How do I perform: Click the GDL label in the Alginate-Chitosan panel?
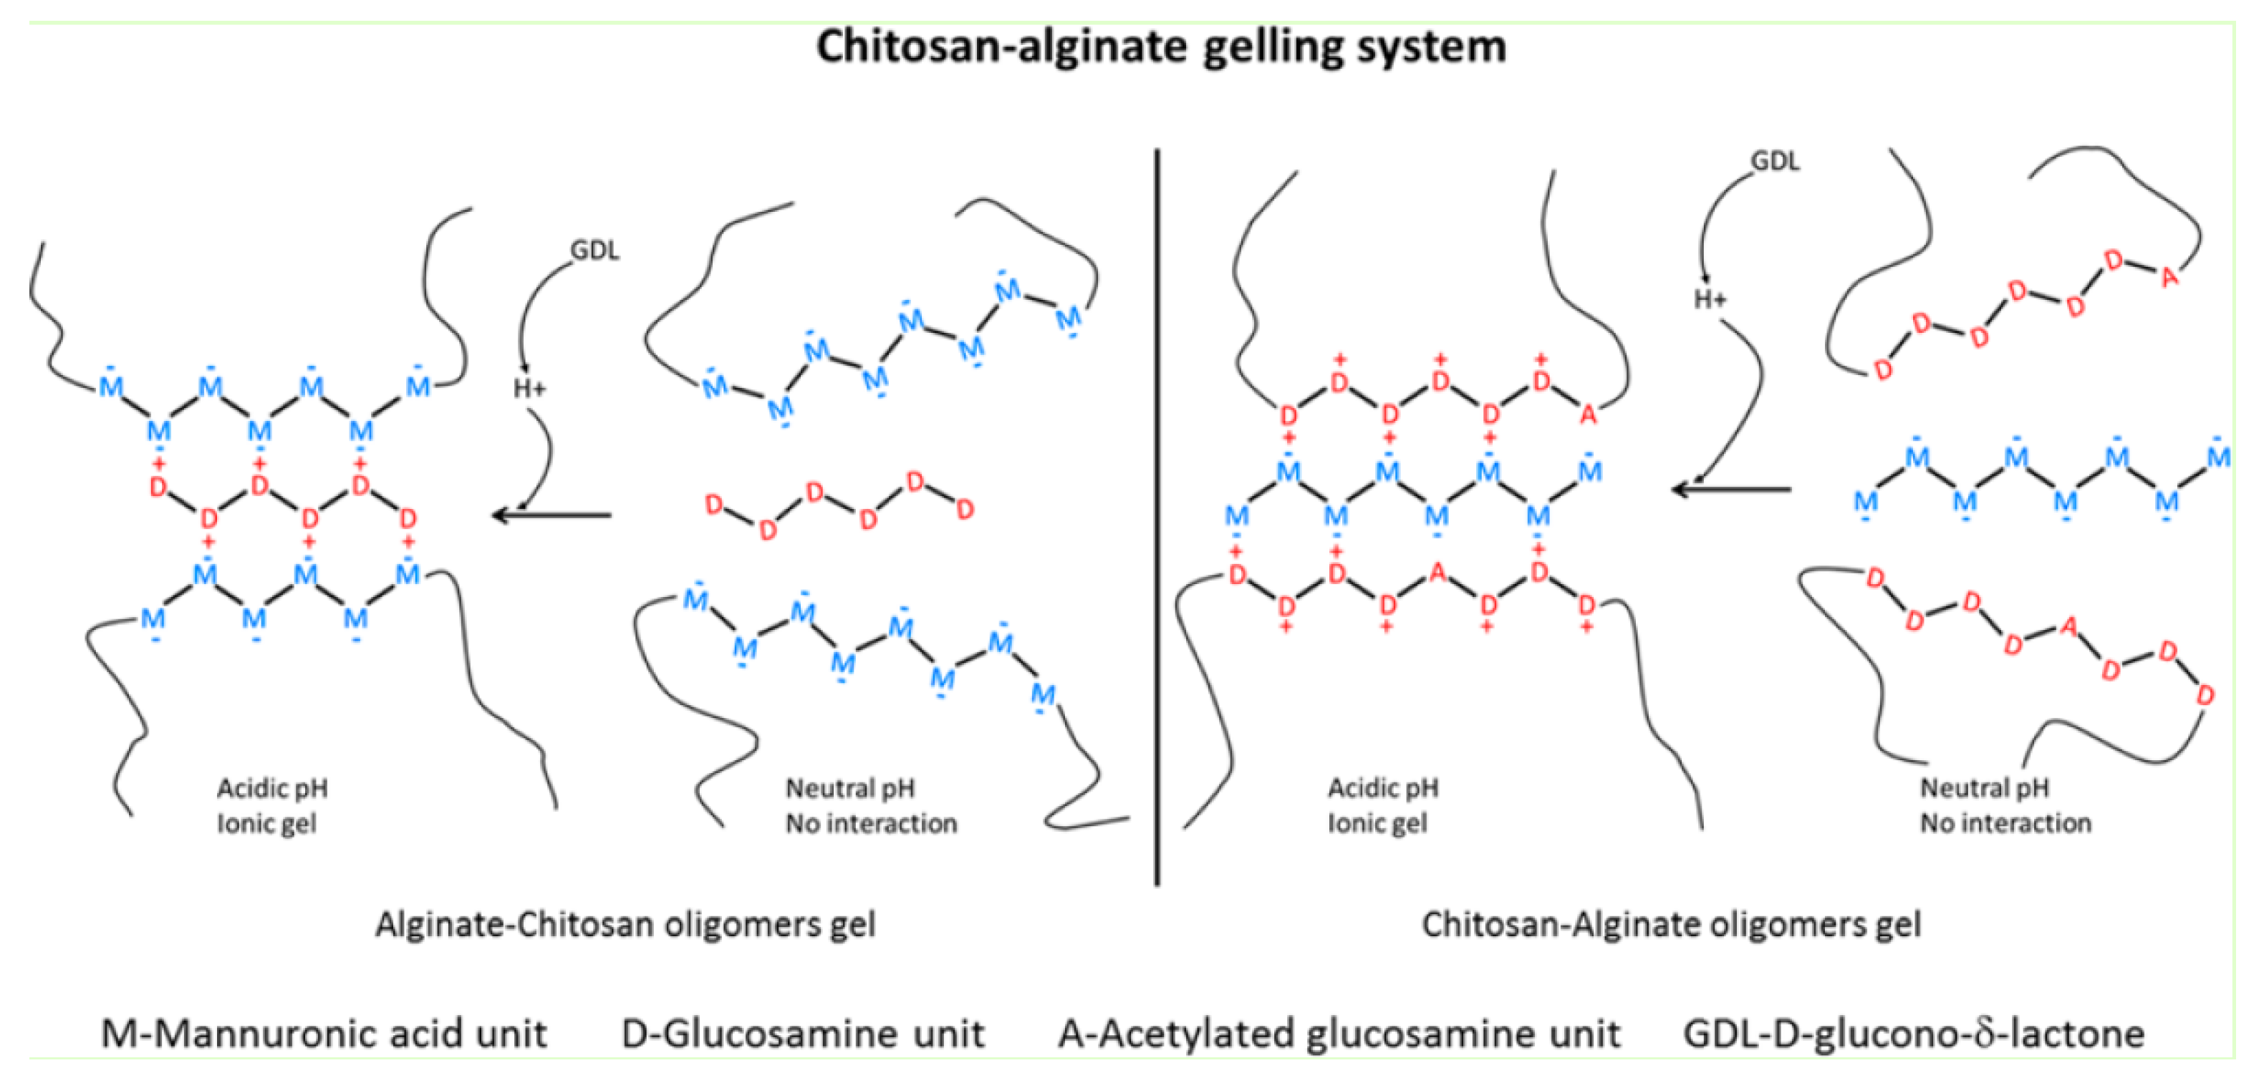(x=595, y=251)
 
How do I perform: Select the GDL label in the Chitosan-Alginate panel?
(x=1776, y=162)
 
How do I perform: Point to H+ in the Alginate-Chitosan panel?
(x=530, y=389)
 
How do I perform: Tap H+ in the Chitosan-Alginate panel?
(x=1710, y=300)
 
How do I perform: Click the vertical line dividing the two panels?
(x=1157, y=518)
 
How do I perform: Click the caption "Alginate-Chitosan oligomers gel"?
(x=626, y=925)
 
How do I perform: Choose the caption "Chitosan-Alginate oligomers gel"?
(x=1672, y=925)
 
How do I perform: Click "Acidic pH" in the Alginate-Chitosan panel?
(x=272, y=788)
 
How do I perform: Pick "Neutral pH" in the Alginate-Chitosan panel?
(x=850, y=788)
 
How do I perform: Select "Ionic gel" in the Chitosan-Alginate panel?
(x=1377, y=824)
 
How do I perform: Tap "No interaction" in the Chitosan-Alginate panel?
(x=2005, y=824)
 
